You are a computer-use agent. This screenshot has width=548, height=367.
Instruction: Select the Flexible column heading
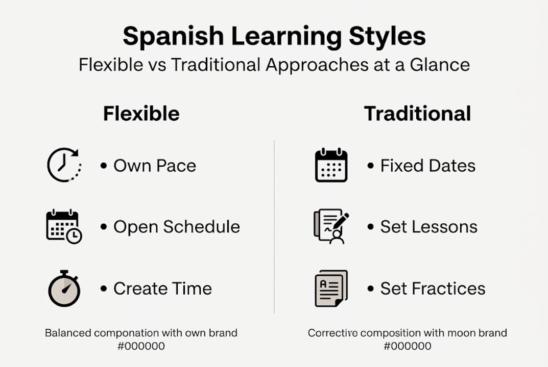(141, 113)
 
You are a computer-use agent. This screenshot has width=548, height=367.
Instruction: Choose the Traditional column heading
(417, 113)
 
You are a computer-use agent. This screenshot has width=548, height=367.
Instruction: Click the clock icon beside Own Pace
(63, 165)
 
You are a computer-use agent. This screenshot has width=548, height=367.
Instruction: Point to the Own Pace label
(154, 166)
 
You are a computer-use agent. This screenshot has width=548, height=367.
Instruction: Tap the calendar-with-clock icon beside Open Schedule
(64, 227)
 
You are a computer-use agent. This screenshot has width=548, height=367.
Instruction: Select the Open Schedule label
(176, 227)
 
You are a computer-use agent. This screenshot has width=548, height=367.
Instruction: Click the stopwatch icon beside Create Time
(64, 289)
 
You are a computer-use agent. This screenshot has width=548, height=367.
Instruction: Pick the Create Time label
(162, 289)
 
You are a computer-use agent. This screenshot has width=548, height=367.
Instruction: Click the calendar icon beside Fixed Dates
(331, 165)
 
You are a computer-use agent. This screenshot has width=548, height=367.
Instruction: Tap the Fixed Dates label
(427, 166)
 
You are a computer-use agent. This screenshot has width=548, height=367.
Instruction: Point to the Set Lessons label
(428, 227)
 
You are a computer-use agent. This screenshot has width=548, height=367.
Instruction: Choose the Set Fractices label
(433, 289)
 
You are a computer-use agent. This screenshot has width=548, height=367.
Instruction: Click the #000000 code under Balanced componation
(141, 346)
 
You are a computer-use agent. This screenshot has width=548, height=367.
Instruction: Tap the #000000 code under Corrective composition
(407, 346)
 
